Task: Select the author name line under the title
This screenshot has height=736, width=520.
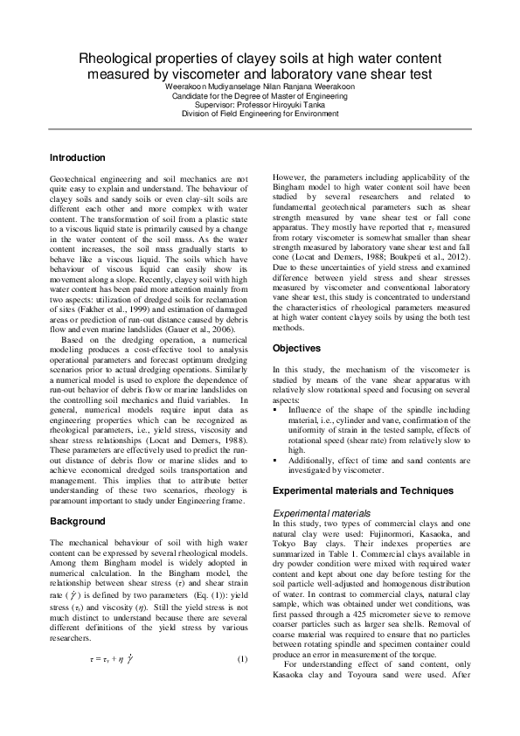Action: (259, 87)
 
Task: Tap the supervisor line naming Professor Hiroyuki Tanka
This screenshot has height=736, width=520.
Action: (259, 105)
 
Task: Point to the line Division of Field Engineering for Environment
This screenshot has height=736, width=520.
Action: (259, 114)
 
